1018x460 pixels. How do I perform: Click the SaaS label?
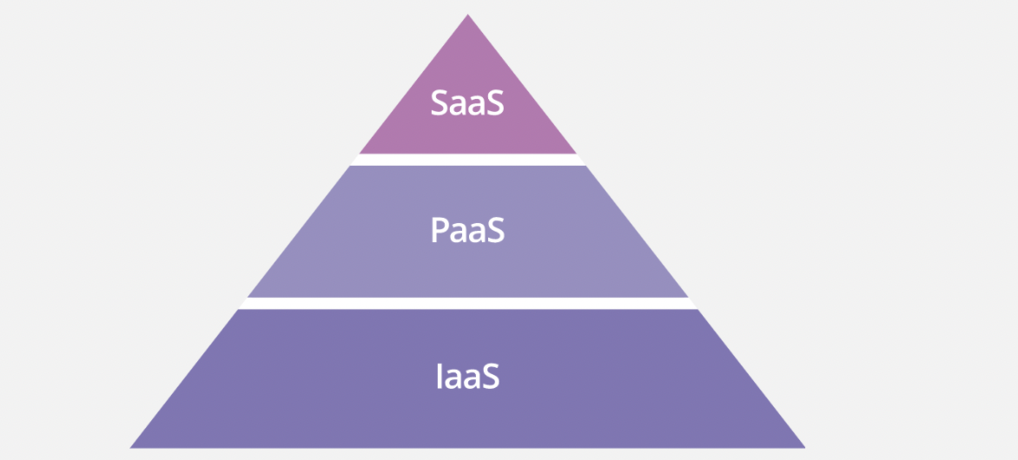(467, 104)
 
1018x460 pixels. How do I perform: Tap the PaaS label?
(467, 231)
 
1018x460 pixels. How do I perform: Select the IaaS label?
(467, 378)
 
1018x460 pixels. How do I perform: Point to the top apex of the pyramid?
(467, 16)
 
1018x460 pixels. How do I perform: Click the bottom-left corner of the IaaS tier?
(132, 447)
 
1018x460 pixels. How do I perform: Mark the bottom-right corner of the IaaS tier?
(803, 447)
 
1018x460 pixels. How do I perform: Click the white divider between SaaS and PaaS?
(467, 160)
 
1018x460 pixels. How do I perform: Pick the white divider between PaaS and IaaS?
(467, 303)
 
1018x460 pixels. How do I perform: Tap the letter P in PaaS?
(440, 231)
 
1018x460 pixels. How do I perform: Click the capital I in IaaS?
(438, 378)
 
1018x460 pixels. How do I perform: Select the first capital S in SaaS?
(440, 104)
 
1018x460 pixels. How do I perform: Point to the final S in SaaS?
(494, 104)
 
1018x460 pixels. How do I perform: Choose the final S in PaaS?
(494, 231)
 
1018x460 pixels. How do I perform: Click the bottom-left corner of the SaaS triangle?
(360, 153)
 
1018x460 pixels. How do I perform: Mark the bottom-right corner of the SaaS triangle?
(575, 153)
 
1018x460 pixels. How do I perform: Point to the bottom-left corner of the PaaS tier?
(249, 296)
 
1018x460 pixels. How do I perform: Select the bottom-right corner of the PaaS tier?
(686, 296)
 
